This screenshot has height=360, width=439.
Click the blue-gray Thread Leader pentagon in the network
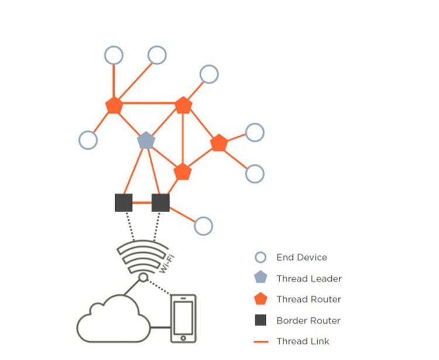[145, 140]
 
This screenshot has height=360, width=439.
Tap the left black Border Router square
[124, 203]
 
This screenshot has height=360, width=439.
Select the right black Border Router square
[160, 203]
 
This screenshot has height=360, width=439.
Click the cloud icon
[112, 319]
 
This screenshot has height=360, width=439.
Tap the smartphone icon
[183, 318]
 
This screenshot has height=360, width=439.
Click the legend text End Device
[301, 258]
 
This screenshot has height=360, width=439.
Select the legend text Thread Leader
[309, 279]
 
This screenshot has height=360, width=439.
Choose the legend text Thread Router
[308, 300]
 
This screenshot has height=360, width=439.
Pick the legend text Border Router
[308, 321]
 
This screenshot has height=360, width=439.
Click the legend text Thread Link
[303, 341]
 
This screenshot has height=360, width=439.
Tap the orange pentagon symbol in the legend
[260, 299]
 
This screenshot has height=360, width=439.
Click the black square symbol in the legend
[260, 320]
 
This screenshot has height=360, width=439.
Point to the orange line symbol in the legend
[261, 341]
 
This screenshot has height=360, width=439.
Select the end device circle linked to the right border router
[203, 225]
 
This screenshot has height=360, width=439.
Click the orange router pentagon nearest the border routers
[183, 172]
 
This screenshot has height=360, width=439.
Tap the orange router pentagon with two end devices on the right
[218, 143]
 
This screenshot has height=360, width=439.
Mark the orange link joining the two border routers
[142, 203]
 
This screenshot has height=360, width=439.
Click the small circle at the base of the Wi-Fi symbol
[143, 277]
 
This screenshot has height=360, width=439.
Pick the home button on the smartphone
[183, 338]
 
